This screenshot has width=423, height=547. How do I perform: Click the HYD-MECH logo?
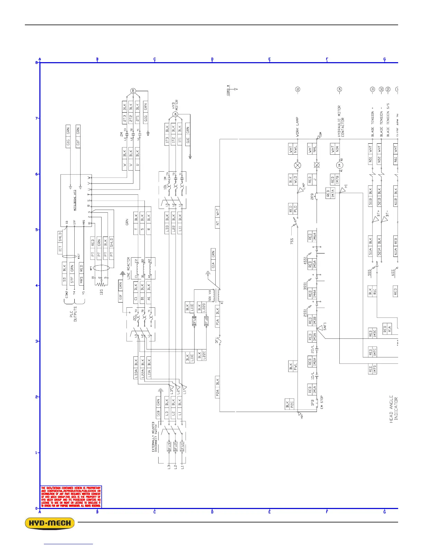tap(50, 523)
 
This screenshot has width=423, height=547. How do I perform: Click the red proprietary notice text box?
tap(71, 497)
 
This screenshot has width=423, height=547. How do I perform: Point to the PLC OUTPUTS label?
tap(74, 314)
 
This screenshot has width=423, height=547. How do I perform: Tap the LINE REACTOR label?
tap(128, 268)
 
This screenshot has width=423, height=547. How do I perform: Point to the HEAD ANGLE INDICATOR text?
tap(394, 409)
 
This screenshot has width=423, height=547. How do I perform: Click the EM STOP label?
tap(321, 402)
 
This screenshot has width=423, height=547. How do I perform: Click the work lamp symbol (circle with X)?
tap(297, 165)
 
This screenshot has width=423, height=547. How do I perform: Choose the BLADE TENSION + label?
tap(373, 122)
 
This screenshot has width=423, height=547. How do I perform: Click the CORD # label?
tap(228, 90)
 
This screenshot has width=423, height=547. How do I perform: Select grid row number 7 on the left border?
tap(37, 118)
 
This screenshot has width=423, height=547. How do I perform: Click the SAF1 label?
tap(325, 326)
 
